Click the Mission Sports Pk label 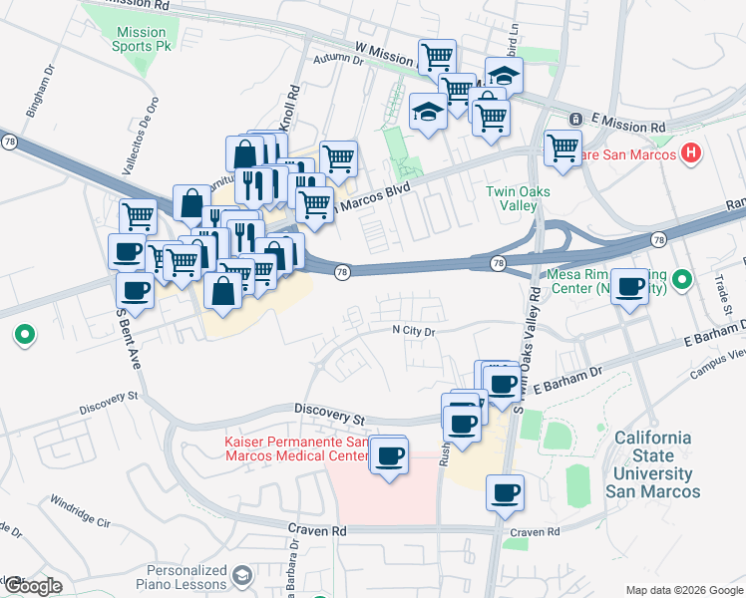[141, 39]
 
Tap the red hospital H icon [689, 152]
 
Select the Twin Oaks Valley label [512, 198]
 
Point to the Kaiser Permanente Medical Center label [296, 448]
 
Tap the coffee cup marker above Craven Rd [506, 491]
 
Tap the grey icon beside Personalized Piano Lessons [241, 575]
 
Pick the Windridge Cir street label [82, 510]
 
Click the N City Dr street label [414, 330]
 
